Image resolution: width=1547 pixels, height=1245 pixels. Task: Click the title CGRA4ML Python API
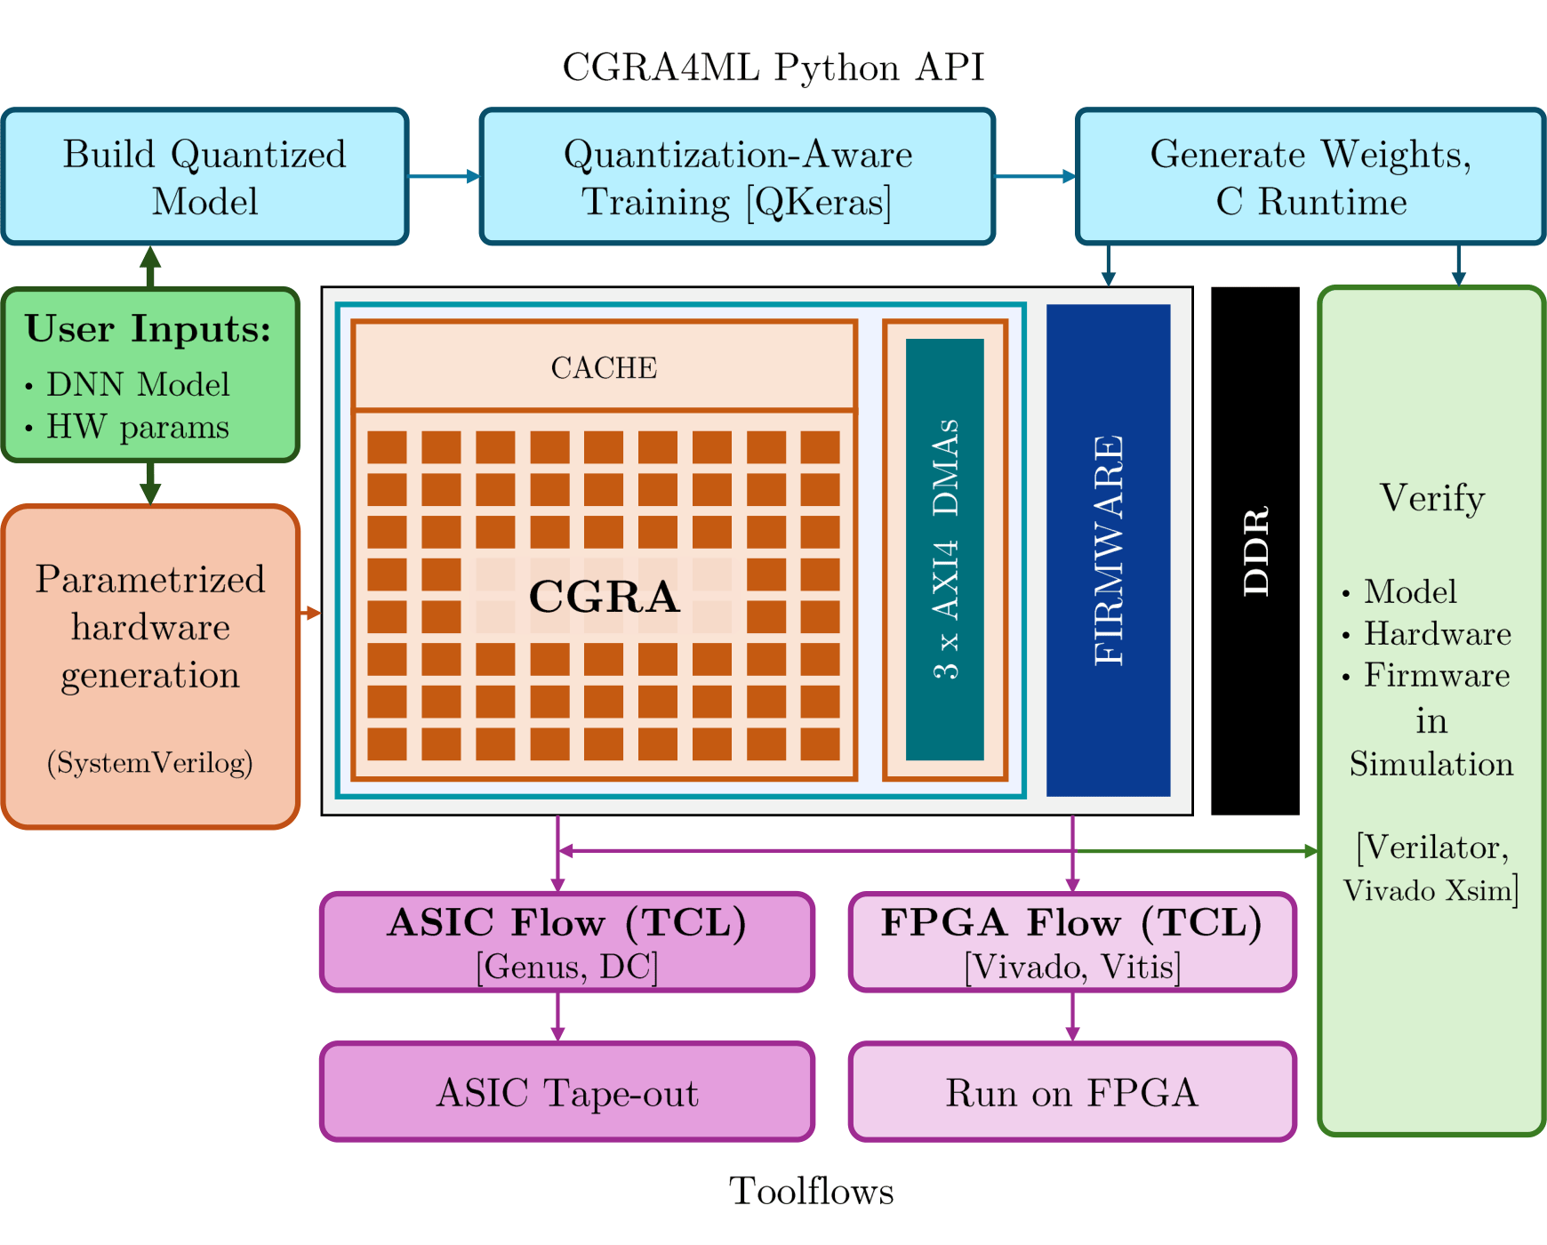tap(773, 68)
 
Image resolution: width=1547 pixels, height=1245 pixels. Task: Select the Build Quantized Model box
tap(204, 177)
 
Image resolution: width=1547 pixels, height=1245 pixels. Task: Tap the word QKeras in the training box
tap(818, 202)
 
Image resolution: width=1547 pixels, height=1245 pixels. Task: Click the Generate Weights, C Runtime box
tap(1311, 177)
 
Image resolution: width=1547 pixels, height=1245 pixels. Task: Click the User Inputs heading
tap(148, 329)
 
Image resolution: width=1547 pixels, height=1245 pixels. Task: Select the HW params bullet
tap(137, 427)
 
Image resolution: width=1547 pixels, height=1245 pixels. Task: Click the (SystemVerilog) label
tap(150, 762)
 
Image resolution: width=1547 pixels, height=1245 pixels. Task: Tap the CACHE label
tap(604, 367)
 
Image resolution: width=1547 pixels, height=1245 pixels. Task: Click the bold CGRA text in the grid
tap(604, 597)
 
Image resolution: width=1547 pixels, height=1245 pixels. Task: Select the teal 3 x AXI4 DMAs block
tap(944, 550)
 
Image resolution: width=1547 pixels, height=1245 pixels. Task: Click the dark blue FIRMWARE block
tap(1108, 550)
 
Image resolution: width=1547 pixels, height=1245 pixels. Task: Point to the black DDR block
tap(1254, 550)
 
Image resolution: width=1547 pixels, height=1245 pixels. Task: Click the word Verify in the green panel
tap(1431, 498)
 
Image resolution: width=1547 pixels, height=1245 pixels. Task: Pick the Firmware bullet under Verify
tap(1436, 675)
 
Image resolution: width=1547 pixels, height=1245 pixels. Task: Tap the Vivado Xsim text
tap(1430, 890)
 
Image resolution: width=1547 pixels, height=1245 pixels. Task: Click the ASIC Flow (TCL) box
tap(567, 942)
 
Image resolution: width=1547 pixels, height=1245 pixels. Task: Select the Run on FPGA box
tap(1072, 1092)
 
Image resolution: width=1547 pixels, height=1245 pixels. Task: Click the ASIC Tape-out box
tap(567, 1092)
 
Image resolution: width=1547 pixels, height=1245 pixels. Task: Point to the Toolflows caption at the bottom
tap(811, 1192)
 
